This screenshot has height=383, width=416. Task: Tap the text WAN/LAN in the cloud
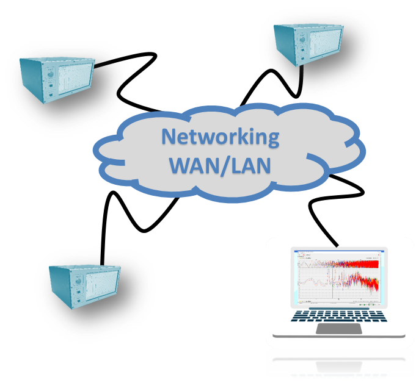219,164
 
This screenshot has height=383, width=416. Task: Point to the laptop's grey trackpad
338,329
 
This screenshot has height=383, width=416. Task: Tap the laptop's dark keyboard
338,316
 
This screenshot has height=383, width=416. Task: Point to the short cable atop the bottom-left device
104,259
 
